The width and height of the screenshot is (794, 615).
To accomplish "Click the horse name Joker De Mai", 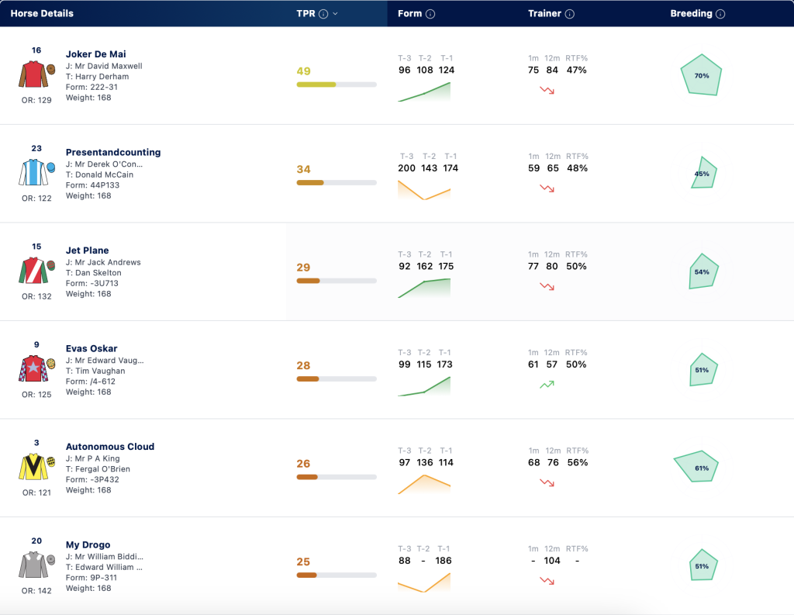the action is point(95,54).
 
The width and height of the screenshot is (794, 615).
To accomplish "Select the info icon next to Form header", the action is point(430,14).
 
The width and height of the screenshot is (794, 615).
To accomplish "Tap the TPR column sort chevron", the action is point(335,14).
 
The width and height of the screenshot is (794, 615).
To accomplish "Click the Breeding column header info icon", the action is point(720,14).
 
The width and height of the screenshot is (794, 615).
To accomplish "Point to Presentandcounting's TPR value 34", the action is point(303,169).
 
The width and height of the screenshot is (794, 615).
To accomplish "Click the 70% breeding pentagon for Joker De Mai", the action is point(701,75).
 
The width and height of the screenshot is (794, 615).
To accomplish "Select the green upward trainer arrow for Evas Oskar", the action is point(547,385).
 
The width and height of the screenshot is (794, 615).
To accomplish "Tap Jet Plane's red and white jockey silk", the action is point(33,270).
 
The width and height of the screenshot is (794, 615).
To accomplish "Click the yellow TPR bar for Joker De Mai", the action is point(316,85).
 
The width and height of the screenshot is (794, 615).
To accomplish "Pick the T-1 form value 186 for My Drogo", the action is point(443,561).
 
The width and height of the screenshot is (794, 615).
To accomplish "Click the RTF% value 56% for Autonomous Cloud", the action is point(577,462).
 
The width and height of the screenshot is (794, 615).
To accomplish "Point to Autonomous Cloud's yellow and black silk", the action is point(33,467).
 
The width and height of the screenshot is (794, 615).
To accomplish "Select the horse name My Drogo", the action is point(88,544).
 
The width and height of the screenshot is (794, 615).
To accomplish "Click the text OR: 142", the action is point(36,591).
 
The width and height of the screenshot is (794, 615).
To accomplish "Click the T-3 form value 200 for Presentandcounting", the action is point(406,168).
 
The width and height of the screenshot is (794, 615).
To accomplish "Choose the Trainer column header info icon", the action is point(570,14).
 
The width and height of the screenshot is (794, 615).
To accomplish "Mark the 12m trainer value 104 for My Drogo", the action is point(552,561).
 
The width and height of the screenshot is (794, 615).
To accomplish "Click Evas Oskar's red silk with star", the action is point(33,368).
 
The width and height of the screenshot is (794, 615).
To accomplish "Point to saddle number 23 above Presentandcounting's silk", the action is point(36,148).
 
